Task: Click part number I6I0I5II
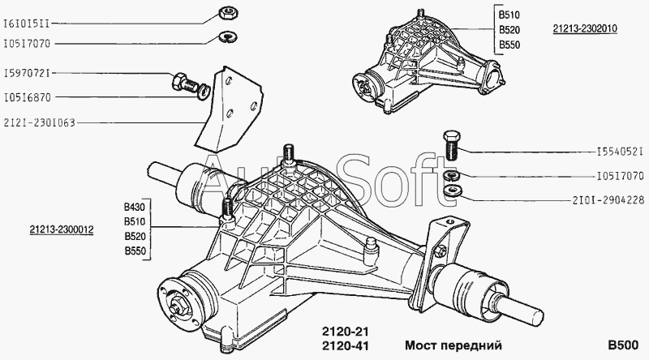click(27, 24)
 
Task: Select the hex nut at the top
click(227, 13)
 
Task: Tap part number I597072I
click(27, 74)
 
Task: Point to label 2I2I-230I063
click(39, 123)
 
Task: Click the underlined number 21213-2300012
click(62, 229)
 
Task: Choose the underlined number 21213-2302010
click(585, 28)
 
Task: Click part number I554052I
click(621, 152)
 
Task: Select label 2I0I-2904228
click(608, 201)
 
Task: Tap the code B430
click(135, 207)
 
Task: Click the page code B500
click(623, 345)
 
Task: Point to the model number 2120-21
click(346, 332)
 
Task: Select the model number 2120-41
click(346, 345)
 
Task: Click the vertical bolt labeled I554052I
click(452, 145)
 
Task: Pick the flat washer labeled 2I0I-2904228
click(452, 191)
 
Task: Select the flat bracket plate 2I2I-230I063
click(229, 108)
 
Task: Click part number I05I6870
click(27, 97)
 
